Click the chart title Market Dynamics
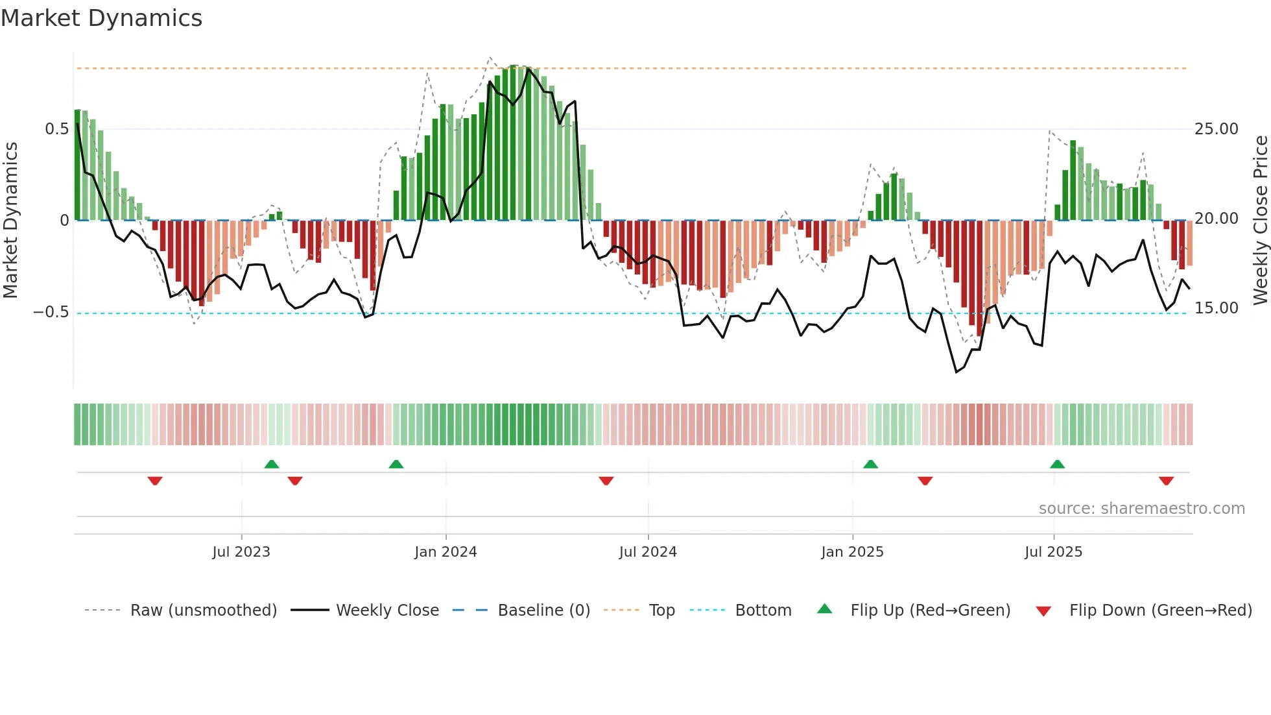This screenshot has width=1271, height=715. point(101,18)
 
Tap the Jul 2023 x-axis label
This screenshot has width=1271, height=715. point(241,552)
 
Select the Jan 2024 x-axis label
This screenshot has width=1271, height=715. point(445,552)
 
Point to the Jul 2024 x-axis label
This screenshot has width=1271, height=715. point(648,552)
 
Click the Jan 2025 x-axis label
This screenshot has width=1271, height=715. point(852,552)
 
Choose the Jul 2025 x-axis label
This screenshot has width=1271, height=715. point(1054,552)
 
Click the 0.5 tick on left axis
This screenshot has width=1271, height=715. point(57,129)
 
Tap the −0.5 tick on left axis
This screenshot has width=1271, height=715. point(51,312)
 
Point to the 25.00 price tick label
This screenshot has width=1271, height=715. point(1217,129)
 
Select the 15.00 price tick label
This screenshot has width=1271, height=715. point(1217,308)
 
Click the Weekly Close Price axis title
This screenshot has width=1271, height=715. point(1260,220)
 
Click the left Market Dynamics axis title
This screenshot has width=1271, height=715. point(10,220)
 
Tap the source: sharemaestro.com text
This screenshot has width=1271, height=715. point(1141,509)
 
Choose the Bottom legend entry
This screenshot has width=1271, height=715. point(763,611)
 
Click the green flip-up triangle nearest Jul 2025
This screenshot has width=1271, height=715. point(1057,465)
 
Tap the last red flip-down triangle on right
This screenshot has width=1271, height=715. point(1166,481)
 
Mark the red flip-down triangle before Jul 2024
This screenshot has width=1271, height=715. point(606,481)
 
